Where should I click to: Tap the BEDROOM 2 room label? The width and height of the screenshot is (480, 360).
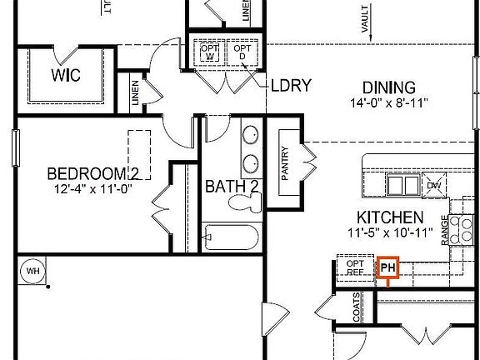[x=92, y=174]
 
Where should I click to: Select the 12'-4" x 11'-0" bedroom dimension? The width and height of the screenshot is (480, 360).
[x=92, y=189]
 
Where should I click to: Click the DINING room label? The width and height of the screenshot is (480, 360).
[x=388, y=87]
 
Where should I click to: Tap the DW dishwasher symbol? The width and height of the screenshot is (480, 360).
[x=432, y=184]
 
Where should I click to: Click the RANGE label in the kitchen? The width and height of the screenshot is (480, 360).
[x=445, y=227]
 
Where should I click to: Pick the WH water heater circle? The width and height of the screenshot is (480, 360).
[x=34, y=271]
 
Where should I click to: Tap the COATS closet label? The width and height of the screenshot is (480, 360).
[x=356, y=311]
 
